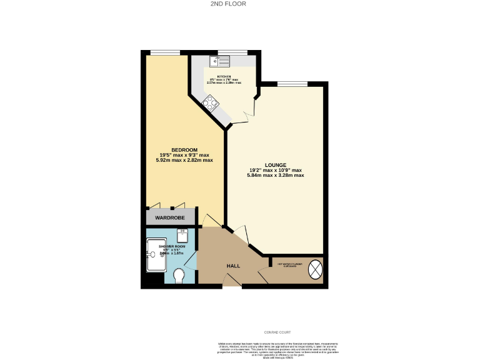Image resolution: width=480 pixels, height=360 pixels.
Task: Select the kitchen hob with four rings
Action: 209,103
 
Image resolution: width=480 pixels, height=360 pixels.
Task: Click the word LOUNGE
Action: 275,165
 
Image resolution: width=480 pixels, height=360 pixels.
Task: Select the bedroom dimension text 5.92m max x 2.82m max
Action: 184,160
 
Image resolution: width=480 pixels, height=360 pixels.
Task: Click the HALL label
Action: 233,266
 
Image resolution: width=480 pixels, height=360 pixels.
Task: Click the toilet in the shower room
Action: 179,274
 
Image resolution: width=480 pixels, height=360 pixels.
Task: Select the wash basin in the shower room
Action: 183,236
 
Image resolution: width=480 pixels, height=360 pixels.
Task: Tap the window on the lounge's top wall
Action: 292,84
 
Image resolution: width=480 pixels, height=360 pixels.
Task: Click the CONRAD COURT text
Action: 277,332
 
